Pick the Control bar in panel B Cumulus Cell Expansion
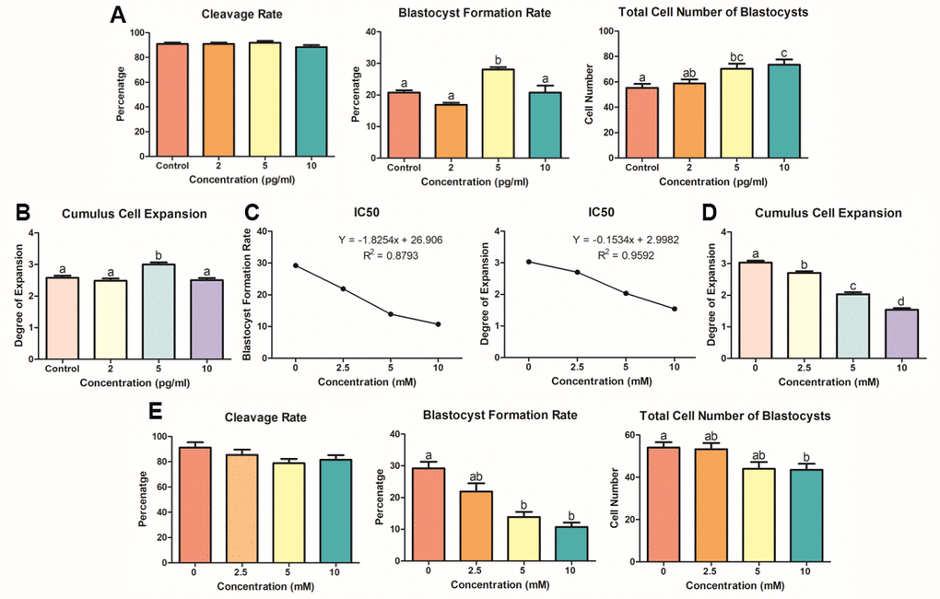pyautogui.click(x=62, y=317)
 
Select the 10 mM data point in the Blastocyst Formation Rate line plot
pyautogui.click(x=438, y=324)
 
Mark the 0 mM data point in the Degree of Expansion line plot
pyautogui.click(x=528, y=262)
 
